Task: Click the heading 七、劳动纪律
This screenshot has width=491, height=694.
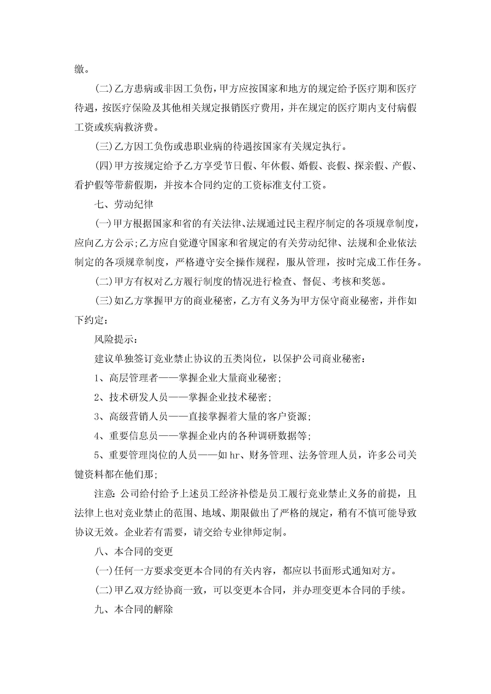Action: pyautogui.click(x=124, y=205)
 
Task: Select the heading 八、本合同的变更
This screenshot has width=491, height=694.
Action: pyautogui.click(x=134, y=552)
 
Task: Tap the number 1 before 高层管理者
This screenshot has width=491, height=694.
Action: pyautogui.click(x=97, y=378)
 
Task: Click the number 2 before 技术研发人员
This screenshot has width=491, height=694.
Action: pyautogui.click(x=97, y=397)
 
